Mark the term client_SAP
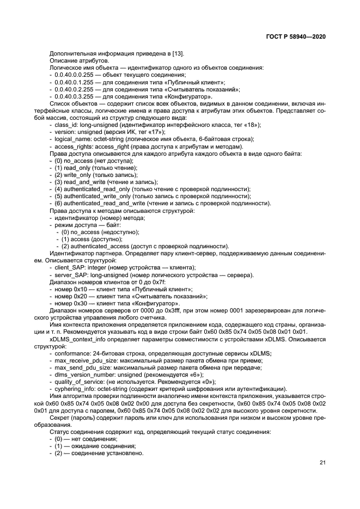(70, 267)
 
